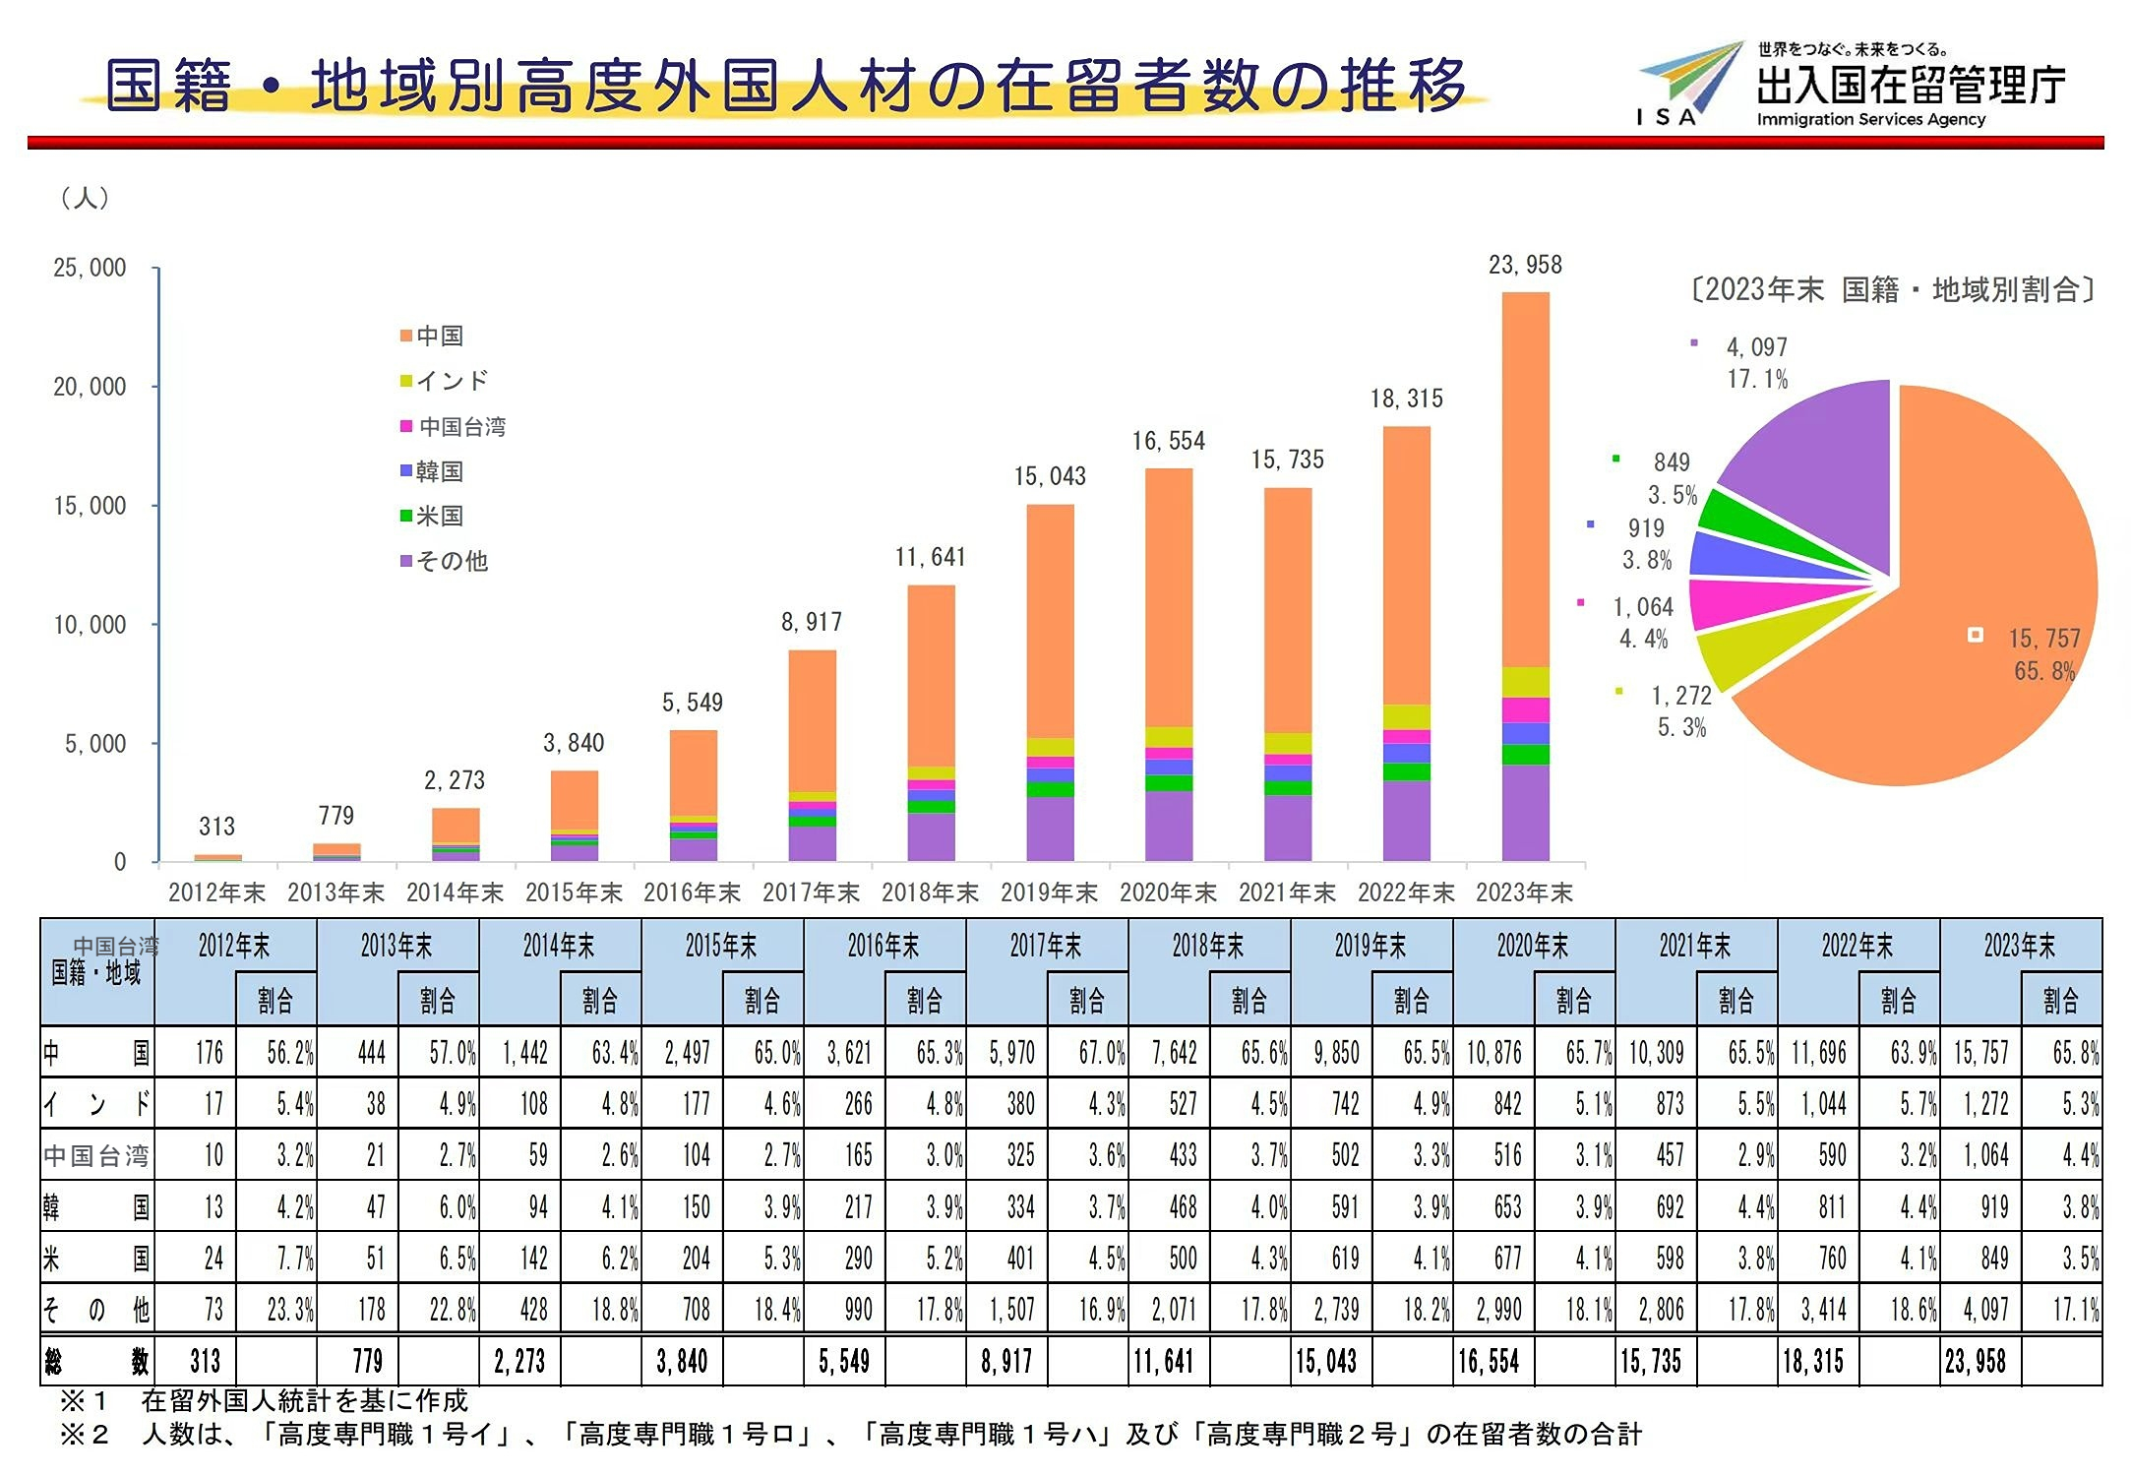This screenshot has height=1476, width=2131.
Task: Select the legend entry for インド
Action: click(444, 381)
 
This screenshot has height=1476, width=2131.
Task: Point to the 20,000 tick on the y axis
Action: click(90, 387)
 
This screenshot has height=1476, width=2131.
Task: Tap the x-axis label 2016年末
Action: click(692, 892)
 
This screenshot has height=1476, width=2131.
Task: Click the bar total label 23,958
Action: click(1525, 265)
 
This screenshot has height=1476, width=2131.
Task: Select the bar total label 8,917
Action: click(812, 622)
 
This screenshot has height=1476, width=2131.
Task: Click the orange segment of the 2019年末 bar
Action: click(1050, 620)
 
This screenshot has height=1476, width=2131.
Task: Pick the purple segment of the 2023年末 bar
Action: click(1525, 812)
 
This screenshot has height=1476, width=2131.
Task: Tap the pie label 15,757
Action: click(2043, 639)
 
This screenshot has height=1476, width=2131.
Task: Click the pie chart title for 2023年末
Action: click(1893, 289)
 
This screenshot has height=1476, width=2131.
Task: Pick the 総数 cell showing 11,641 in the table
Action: click(1163, 1362)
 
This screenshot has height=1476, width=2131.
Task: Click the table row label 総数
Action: click(96, 1362)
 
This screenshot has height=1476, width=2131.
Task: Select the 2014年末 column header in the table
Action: click(559, 946)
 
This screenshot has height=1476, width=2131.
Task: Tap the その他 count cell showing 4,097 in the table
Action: click(1979, 1310)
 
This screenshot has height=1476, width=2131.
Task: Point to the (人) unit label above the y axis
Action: click(85, 198)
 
